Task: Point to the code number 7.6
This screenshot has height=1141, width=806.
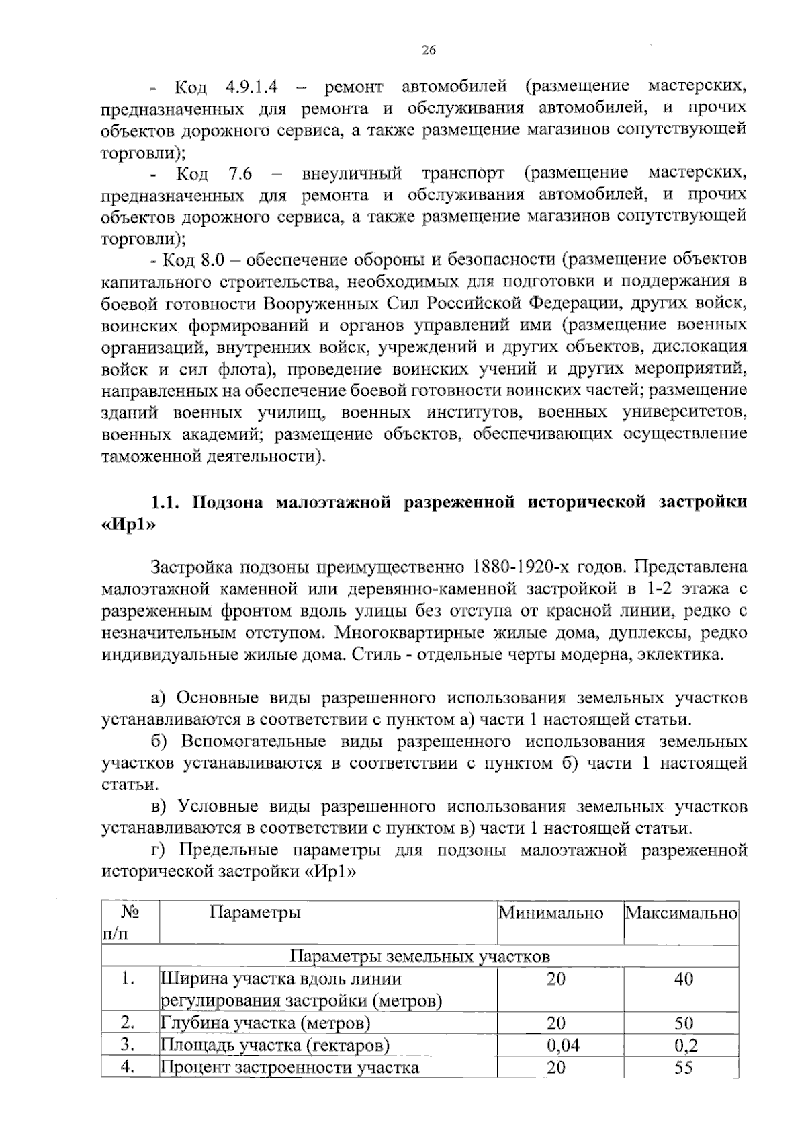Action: click(240, 173)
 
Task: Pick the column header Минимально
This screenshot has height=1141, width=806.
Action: click(551, 913)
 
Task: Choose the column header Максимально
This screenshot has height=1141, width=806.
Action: click(681, 913)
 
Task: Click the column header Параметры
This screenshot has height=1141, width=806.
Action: click(255, 913)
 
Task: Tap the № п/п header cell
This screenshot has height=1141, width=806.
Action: click(130, 923)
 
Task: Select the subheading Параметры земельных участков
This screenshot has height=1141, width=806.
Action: click(420, 956)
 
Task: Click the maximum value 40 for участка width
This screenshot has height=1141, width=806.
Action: click(683, 979)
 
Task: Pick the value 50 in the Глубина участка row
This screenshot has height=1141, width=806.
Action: click(683, 1023)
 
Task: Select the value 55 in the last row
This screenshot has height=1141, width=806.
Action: click(683, 1067)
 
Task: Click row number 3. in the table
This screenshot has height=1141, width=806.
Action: click(128, 1045)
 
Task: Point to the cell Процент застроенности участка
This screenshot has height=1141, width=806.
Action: click(289, 1067)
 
